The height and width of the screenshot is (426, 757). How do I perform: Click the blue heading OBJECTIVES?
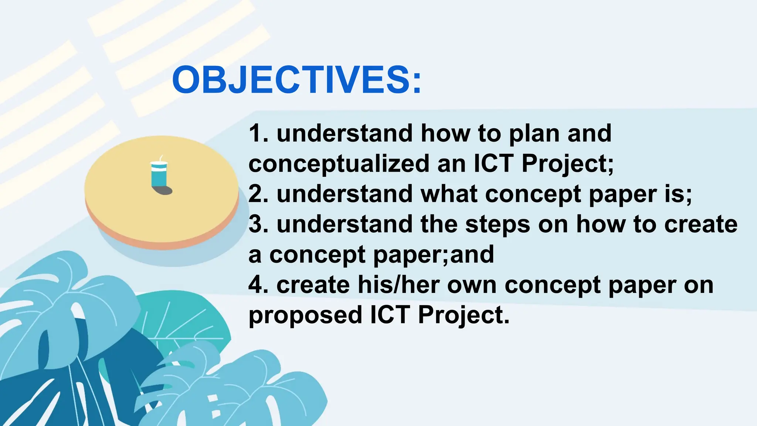(x=296, y=80)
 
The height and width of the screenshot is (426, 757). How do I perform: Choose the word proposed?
(x=305, y=315)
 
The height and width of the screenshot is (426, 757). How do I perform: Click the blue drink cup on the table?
(x=159, y=175)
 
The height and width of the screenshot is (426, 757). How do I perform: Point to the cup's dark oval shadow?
(x=164, y=190)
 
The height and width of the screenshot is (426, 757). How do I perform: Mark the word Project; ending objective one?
(x=567, y=164)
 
